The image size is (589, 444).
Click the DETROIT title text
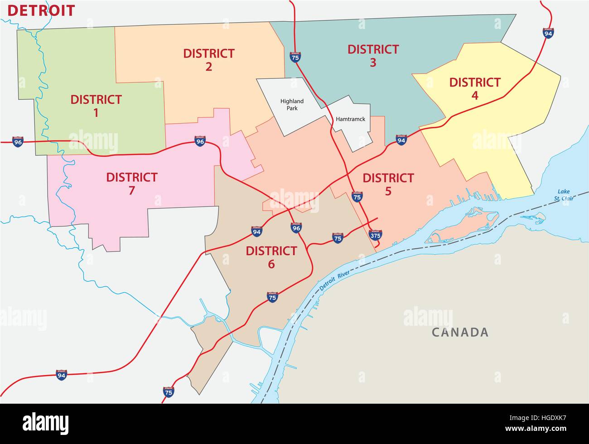coord(41,10)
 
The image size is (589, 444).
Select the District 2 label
coord(208,60)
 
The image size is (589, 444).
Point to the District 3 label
coord(373,56)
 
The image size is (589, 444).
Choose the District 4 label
coord(474,89)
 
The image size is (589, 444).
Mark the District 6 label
coord(271,257)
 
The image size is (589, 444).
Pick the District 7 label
coord(131,183)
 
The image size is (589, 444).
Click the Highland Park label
coord(292,105)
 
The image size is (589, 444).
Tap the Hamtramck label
coord(351,120)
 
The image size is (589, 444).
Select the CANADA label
coord(460,333)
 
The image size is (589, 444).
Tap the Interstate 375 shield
coord(375,235)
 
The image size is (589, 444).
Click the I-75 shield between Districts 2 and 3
coord(295,56)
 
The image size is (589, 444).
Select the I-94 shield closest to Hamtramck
coord(401,140)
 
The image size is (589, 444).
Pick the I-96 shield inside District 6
coord(296,227)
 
